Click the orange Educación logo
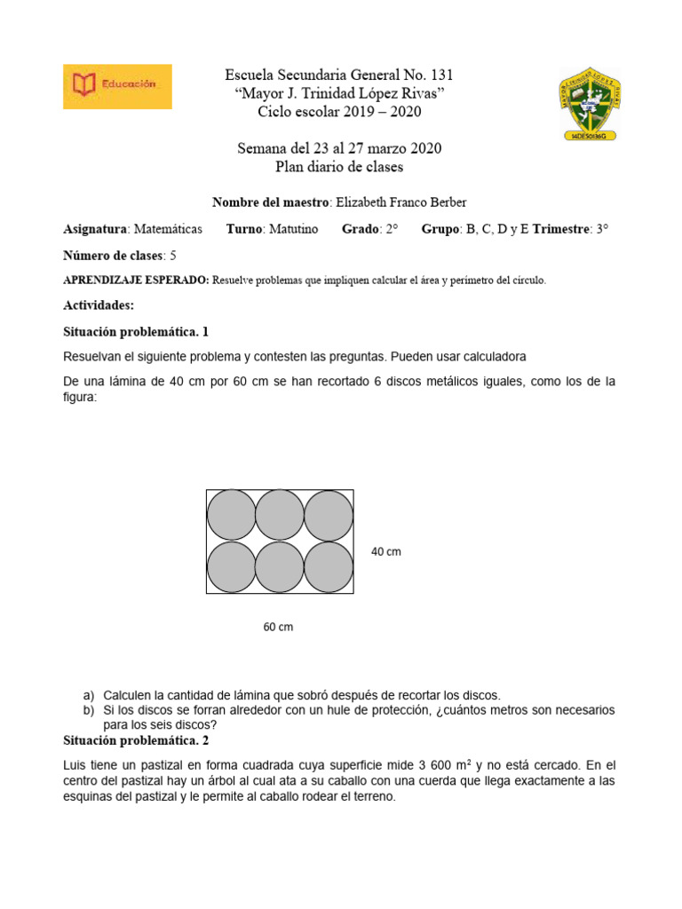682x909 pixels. pyautogui.click(x=117, y=86)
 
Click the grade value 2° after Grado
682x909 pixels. pyautogui.click(x=391, y=229)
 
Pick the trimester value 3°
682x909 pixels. pyautogui.click(x=602, y=229)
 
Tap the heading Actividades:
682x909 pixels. pyautogui.click(x=99, y=305)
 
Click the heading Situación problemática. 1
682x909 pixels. pyautogui.click(x=136, y=332)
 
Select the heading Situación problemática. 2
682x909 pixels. pyautogui.click(x=136, y=739)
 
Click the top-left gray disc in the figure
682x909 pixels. pyautogui.click(x=231, y=515)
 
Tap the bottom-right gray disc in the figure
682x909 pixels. pyautogui.click(x=329, y=566)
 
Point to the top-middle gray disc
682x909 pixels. pyautogui.click(x=280, y=515)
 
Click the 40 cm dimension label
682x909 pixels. pyautogui.click(x=386, y=552)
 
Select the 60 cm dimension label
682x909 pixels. pyautogui.click(x=278, y=627)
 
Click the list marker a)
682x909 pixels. pyautogui.click(x=88, y=695)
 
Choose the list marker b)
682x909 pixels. pyautogui.click(x=88, y=711)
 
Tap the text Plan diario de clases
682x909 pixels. pyautogui.click(x=339, y=167)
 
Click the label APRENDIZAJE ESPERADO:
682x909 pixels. pyautogui.click(x=136, y=281)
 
